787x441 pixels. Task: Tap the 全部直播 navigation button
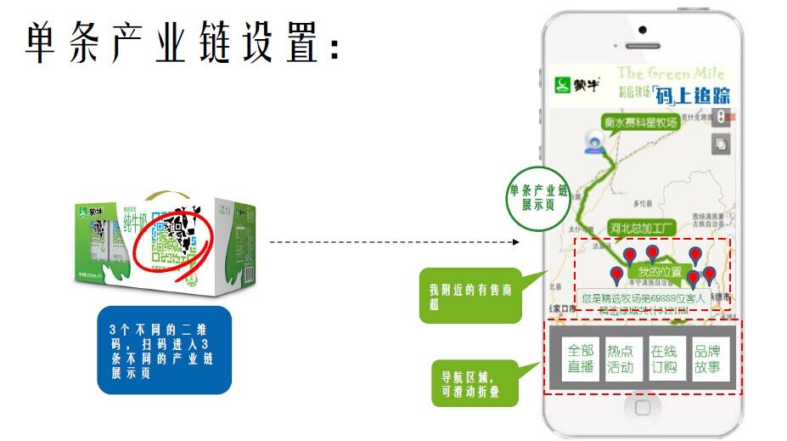coord(580,359)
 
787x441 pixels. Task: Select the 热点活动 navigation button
coord(620,359)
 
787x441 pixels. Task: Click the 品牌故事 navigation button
coord(707,359)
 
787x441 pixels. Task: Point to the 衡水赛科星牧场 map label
coord(640,122)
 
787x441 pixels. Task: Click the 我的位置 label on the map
coord(659,271)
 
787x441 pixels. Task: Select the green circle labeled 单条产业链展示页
coord(537,197)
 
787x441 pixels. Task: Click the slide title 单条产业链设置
coord(183,42)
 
